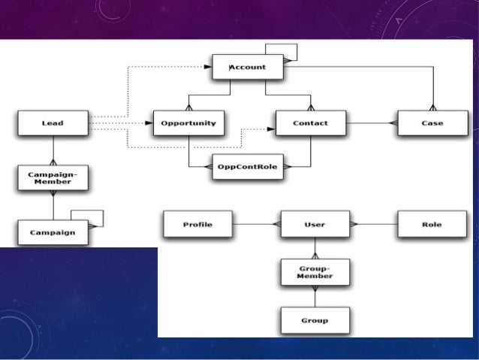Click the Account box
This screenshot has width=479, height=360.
(248, 67)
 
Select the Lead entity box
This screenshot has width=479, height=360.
(53, 123)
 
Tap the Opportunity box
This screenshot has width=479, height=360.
(188, 123)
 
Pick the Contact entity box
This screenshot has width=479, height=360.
(311, 123)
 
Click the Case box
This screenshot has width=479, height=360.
(432, 123)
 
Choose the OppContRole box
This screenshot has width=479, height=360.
(248, 166)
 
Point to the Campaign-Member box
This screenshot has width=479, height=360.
(53, 178)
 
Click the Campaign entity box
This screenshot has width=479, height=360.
(53, 232)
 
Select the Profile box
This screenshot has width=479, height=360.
(197, 225)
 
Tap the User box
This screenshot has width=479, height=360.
(315, 225)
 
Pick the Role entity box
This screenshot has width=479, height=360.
(432, 225)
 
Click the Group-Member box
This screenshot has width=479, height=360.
(315, 271)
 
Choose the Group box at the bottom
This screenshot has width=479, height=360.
(315, 320)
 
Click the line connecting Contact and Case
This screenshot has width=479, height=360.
(372, 123)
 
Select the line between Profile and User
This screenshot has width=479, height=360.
(256, 225)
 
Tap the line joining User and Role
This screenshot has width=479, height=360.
(373, 225)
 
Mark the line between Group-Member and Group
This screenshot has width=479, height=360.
(315, 296)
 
